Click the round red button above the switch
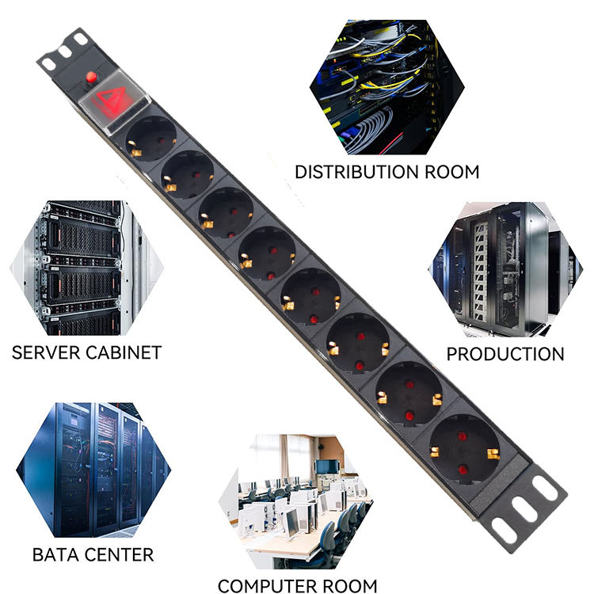pyautogui.click(x=91, y=77)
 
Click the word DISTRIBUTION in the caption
pyautogui.click(x=357, y=172)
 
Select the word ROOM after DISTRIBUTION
pyautogui.click(x=452, y=172)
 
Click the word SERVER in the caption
pyautogui.click(x=46, y=352)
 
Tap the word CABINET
pyautogui.click(x=124, y=352)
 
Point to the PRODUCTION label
pyautogui.click(x=505, y=354)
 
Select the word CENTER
pyautogui.click(x=119, y=555)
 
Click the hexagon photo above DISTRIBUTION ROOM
pyautogui.click(x=387, y=87)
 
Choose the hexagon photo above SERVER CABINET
pyautogui.click(x=87, y=268)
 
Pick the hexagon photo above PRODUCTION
pyautogui.click(x=506, y=269)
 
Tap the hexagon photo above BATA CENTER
pyautogui.click(x=93, y=470)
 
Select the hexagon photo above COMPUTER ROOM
pyautogui.click(x=296, y=501)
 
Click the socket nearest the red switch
pyautogui.click(x=151, y=139)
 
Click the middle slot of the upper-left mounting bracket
pyautogui.click(x=65, y=51)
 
